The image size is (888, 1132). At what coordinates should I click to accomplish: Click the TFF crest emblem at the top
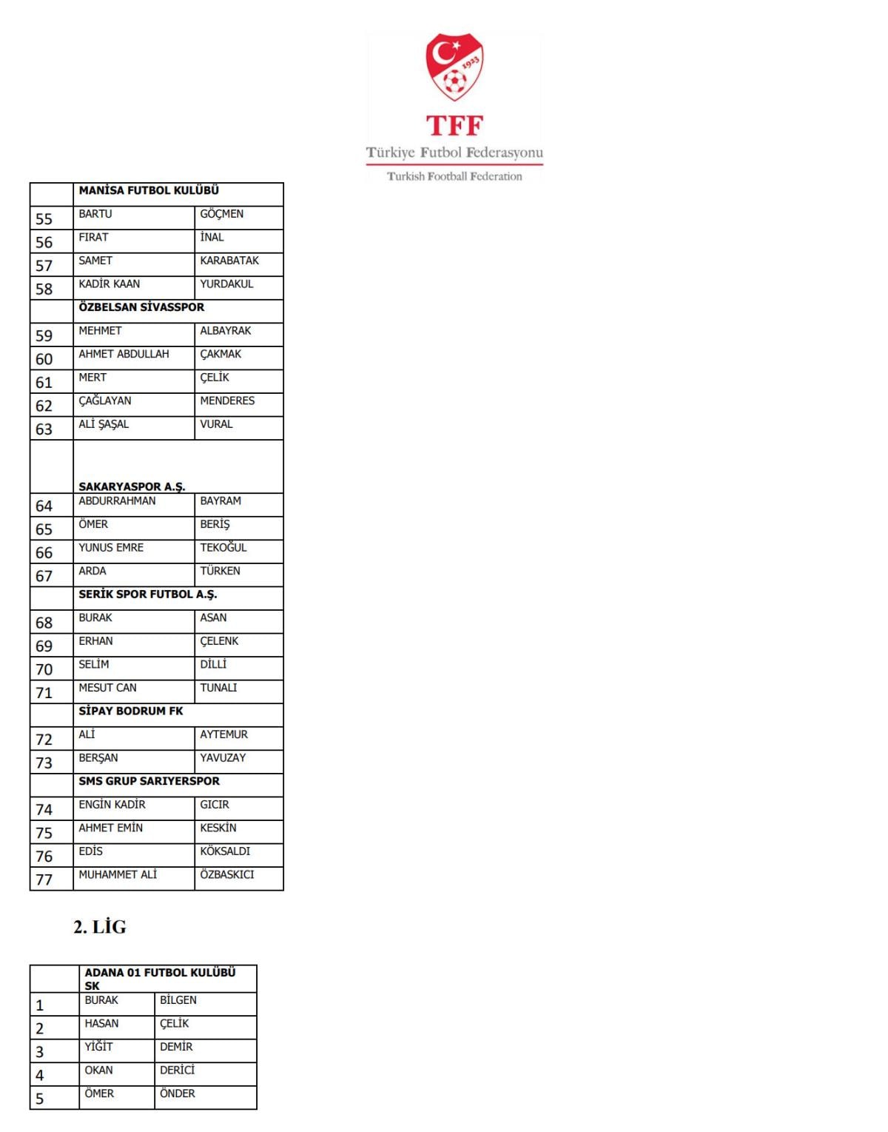coord(454,67)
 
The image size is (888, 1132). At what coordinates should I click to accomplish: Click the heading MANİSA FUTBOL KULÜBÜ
coord(149,191)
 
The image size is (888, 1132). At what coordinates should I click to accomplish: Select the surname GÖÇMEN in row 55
coord(221,214)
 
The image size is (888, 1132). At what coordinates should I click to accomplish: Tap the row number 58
coord(44,289)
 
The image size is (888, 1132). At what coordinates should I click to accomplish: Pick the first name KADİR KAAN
coord(110,284)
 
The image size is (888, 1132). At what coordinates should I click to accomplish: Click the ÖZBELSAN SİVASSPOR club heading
coord(141,307)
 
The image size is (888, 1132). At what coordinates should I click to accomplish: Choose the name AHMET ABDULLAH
coord(124,354)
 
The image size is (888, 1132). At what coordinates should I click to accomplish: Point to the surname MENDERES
coord(227,401)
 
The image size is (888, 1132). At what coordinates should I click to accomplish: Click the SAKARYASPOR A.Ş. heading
coord(132,486)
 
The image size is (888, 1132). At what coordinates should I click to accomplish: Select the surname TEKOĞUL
coord(223,548)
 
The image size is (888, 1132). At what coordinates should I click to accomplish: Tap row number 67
coord(44,576)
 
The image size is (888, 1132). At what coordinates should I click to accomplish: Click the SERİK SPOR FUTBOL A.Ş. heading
coord(148,595)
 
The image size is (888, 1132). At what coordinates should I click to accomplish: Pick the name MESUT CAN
coord(108,688)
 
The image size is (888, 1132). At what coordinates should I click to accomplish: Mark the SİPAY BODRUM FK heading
coord(131,711)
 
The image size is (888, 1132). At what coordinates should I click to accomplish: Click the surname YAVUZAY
coord(223,758)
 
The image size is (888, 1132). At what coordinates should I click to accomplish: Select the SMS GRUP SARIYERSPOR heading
coord(149,781)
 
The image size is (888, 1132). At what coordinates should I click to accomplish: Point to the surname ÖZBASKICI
coord(227,874)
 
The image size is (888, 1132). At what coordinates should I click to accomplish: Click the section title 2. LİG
coord(100,927)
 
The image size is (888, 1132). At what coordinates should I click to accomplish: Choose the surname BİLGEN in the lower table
coord(178,1000)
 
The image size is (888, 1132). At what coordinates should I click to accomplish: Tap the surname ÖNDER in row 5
coord(178,1094)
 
